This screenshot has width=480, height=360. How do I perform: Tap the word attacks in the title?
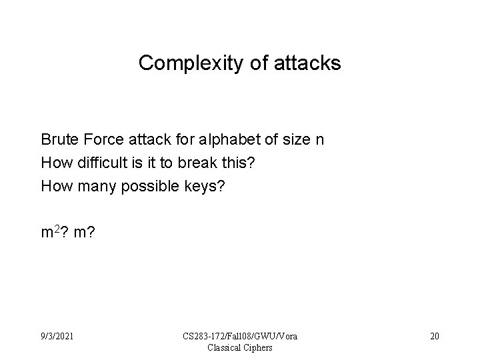(x=309, y=63)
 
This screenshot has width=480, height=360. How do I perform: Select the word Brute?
(x=58, y=139)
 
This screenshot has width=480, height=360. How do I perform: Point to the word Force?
(x=100, y=139)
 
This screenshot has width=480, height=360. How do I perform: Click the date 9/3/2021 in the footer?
(x=57, y=336)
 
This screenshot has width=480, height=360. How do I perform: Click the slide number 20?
(x=434, y=336)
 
